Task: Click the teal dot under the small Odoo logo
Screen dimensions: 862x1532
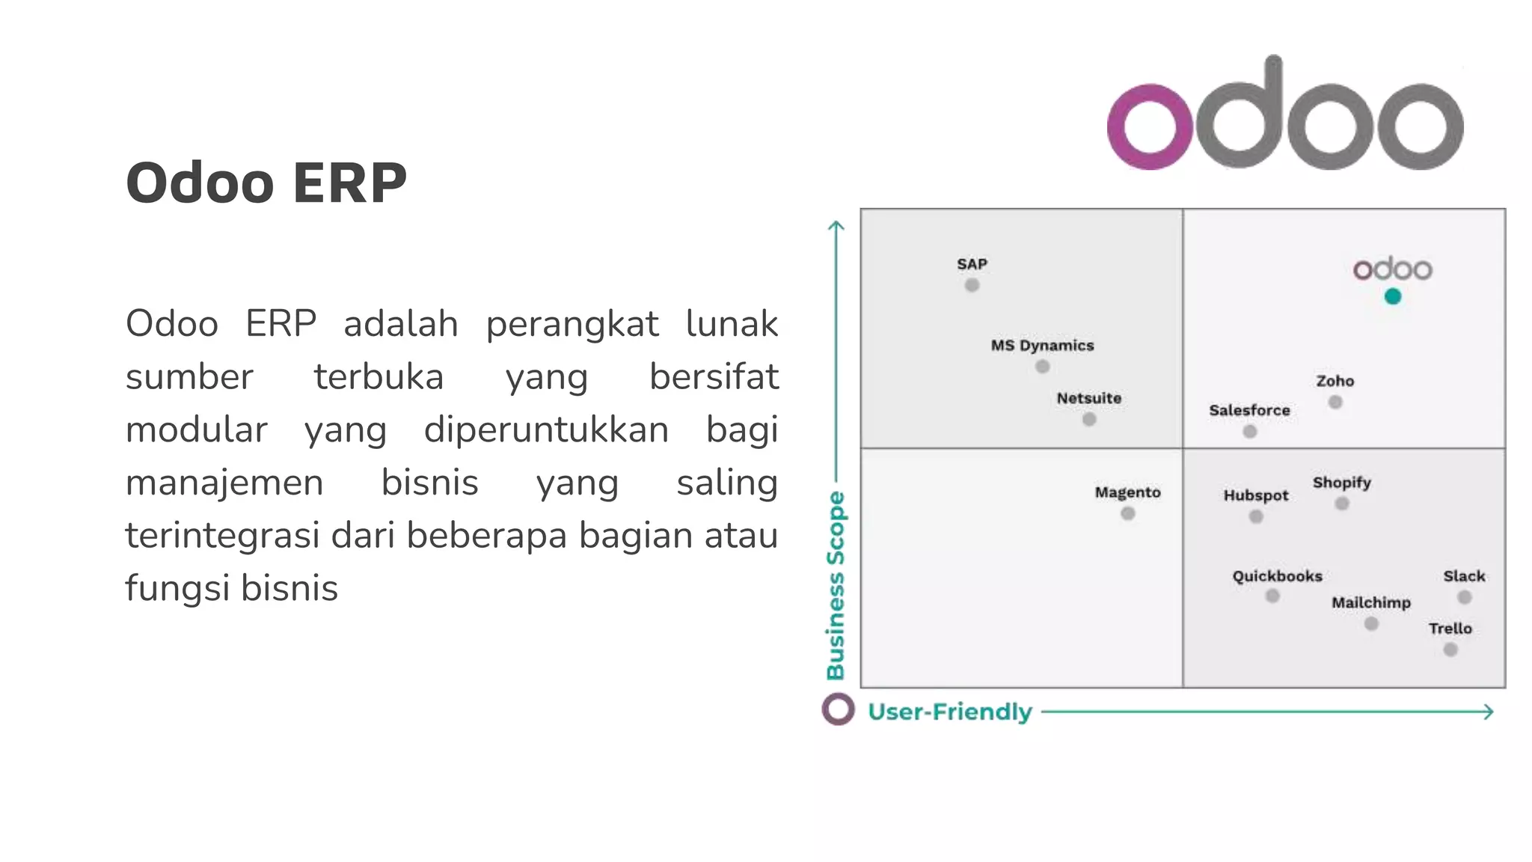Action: click(1392, 296)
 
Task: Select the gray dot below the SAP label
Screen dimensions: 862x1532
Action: click(972, 285)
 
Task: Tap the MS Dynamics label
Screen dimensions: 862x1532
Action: click(1042, 346)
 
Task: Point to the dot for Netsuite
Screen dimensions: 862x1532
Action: click(1089, 420)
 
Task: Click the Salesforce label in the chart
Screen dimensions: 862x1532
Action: click(1249, 410)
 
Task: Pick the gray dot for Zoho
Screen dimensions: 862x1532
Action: click(1335, 403)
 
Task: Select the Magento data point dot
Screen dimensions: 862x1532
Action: click(1128, 513)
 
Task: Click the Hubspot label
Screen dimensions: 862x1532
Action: click(1256, 495)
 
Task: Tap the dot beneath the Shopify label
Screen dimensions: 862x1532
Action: click(1342, 504)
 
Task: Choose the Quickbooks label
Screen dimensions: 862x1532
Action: click(1277, 576)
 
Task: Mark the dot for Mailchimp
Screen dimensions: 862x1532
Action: click(1371, 623)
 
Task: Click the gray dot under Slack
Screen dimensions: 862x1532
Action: click(1465, 597)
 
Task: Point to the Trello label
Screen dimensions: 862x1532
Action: click(1450, 629)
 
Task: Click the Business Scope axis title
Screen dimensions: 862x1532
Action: click(836, 585)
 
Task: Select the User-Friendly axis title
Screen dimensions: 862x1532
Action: click(949, 712)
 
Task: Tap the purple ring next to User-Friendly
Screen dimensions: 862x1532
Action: click(838, 709)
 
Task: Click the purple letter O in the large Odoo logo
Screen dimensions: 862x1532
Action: click(1149, 126)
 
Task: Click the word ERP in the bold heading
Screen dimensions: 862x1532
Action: click(349, 183)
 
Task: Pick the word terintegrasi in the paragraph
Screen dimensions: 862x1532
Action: click(222, 536)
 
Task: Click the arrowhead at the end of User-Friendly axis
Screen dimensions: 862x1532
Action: click(1489, 712)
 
